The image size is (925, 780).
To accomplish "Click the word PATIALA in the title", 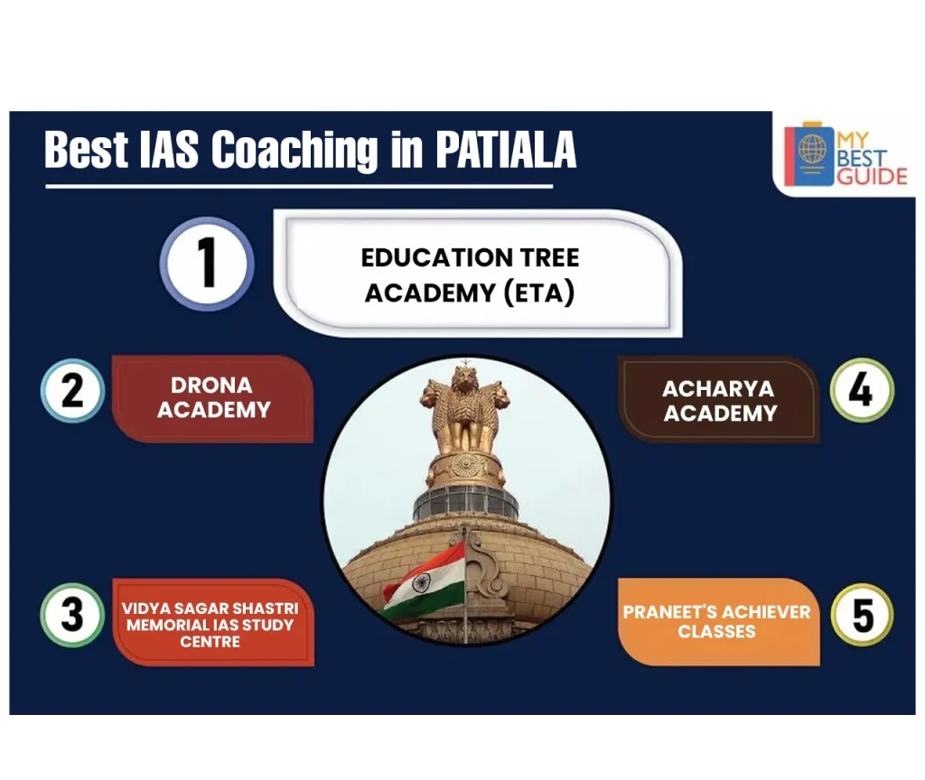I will click(506, 150).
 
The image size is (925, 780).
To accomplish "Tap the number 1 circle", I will click(207, 265).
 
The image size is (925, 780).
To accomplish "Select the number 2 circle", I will click(73, 392).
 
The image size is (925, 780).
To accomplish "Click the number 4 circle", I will click(862, 390).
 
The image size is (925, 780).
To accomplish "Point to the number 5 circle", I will click(862, 615).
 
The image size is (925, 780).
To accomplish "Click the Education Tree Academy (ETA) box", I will click(471, 274).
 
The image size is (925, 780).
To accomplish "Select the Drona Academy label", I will click(213, 398).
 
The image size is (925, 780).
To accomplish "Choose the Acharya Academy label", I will click(719, 401).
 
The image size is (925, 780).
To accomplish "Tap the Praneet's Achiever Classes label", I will click(717, 621).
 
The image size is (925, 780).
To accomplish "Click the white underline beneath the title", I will click(298, 187).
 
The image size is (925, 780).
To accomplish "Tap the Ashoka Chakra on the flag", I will click(421, 582).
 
